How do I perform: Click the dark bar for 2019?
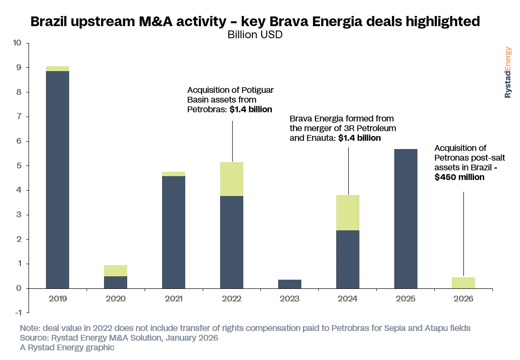[58, 179]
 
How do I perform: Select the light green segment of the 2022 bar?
[232, 179]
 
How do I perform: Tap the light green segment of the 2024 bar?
[348, 212]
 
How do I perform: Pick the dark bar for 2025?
[406, 218]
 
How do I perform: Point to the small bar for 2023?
[290, 284]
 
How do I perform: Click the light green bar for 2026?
[464, 283]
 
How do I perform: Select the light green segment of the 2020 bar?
[116, 270]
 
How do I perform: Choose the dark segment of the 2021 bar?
[174, 232]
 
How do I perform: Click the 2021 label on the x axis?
[174, 299]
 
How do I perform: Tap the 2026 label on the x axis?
[464, 299]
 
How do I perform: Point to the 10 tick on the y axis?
[17, 43]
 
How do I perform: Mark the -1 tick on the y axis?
[18, 313]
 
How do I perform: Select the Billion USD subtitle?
[255, 35]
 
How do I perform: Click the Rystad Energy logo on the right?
[507, 73]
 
